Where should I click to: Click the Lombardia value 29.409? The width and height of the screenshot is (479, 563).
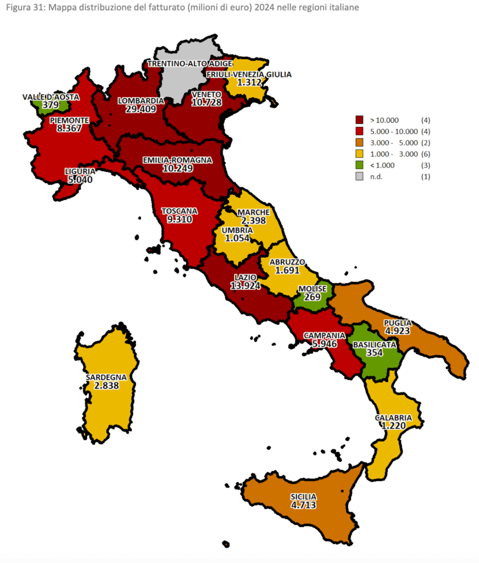(141, 109)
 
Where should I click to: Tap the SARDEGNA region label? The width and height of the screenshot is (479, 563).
(106, 378)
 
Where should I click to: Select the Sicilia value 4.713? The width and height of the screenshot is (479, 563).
(303, 505)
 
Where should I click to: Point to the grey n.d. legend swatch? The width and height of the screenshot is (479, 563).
(360, 176)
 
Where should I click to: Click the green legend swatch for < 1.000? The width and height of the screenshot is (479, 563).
(360, 165)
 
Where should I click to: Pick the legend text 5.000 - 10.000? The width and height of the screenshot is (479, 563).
(393, 131)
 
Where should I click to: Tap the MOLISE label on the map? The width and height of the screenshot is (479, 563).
(312, 289)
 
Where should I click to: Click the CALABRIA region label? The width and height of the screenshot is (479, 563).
(393, 418)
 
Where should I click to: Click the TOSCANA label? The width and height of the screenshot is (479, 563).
(179, 211)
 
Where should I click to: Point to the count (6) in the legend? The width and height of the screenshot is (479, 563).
(425, 154)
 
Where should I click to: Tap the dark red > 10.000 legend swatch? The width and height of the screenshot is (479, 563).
(360, 119)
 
